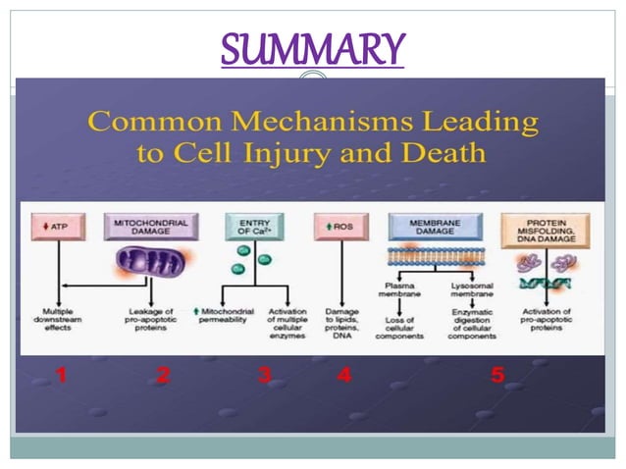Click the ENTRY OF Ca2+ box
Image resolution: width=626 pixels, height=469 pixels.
tap(252, 227)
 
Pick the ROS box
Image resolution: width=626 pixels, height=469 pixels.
tap(339, 228)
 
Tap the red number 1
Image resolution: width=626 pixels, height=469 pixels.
tap(61, 374)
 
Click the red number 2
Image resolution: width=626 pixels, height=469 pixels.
tap(163, 374)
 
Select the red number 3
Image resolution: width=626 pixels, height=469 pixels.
tap(264, 374)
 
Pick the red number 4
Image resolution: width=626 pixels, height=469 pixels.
tap(345, 374)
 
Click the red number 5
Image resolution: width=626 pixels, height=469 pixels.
tap(498, 374)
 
